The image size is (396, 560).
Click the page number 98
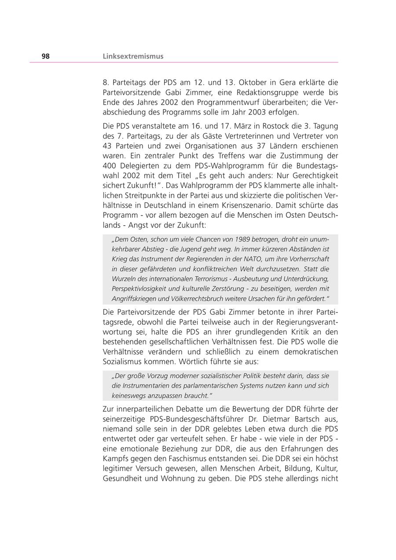[46, 56]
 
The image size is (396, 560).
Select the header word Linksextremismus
[133, 56]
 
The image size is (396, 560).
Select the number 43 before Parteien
[108, 146]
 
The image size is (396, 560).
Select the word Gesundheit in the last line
[122, 478]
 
